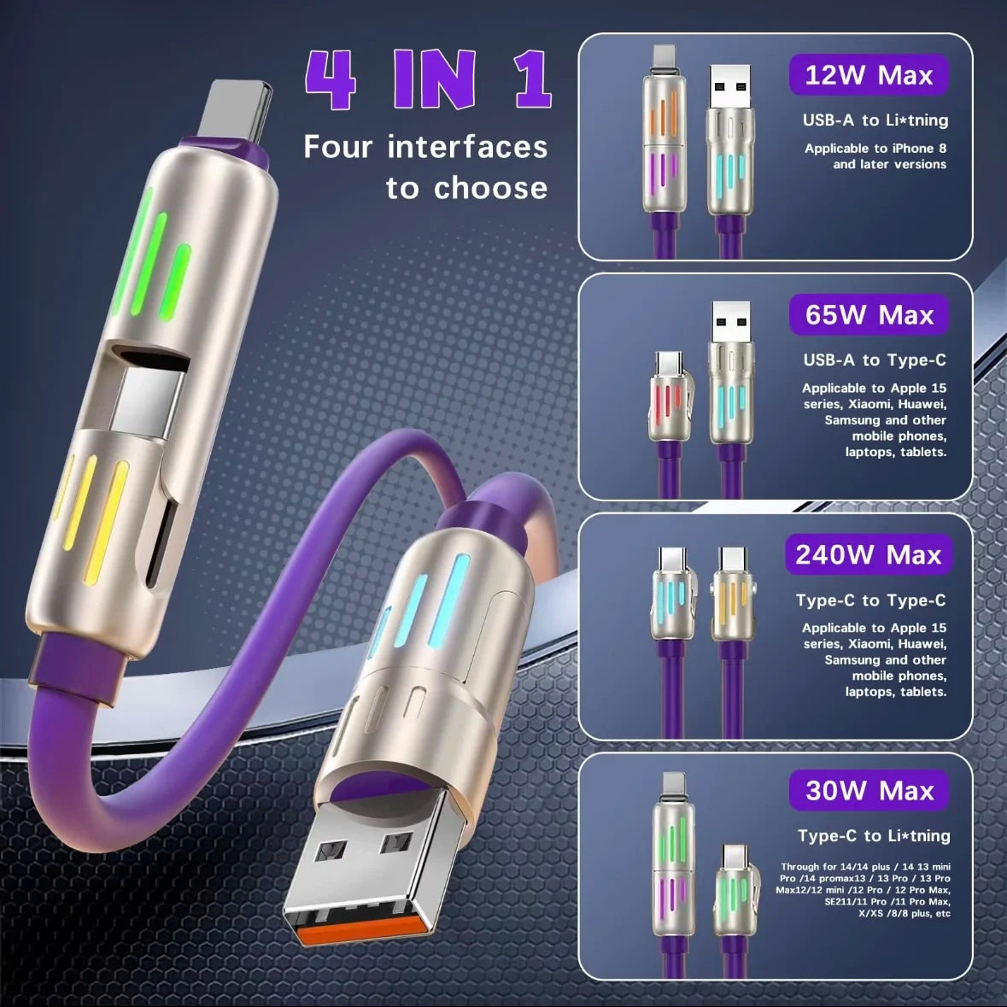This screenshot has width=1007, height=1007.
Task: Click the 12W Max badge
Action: click(868, 75)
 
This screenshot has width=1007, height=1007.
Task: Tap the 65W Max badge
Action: click(869, 315)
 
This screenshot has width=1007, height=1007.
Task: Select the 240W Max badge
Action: click(868, 555)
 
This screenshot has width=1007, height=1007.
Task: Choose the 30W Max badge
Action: click(869, 790)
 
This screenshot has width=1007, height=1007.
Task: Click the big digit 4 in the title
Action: click(332, 80)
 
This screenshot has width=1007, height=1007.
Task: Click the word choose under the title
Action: click(490, 188)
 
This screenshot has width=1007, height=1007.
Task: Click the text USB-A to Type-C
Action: click(874, 360)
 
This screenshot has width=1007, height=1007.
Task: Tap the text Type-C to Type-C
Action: click(870, 600)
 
